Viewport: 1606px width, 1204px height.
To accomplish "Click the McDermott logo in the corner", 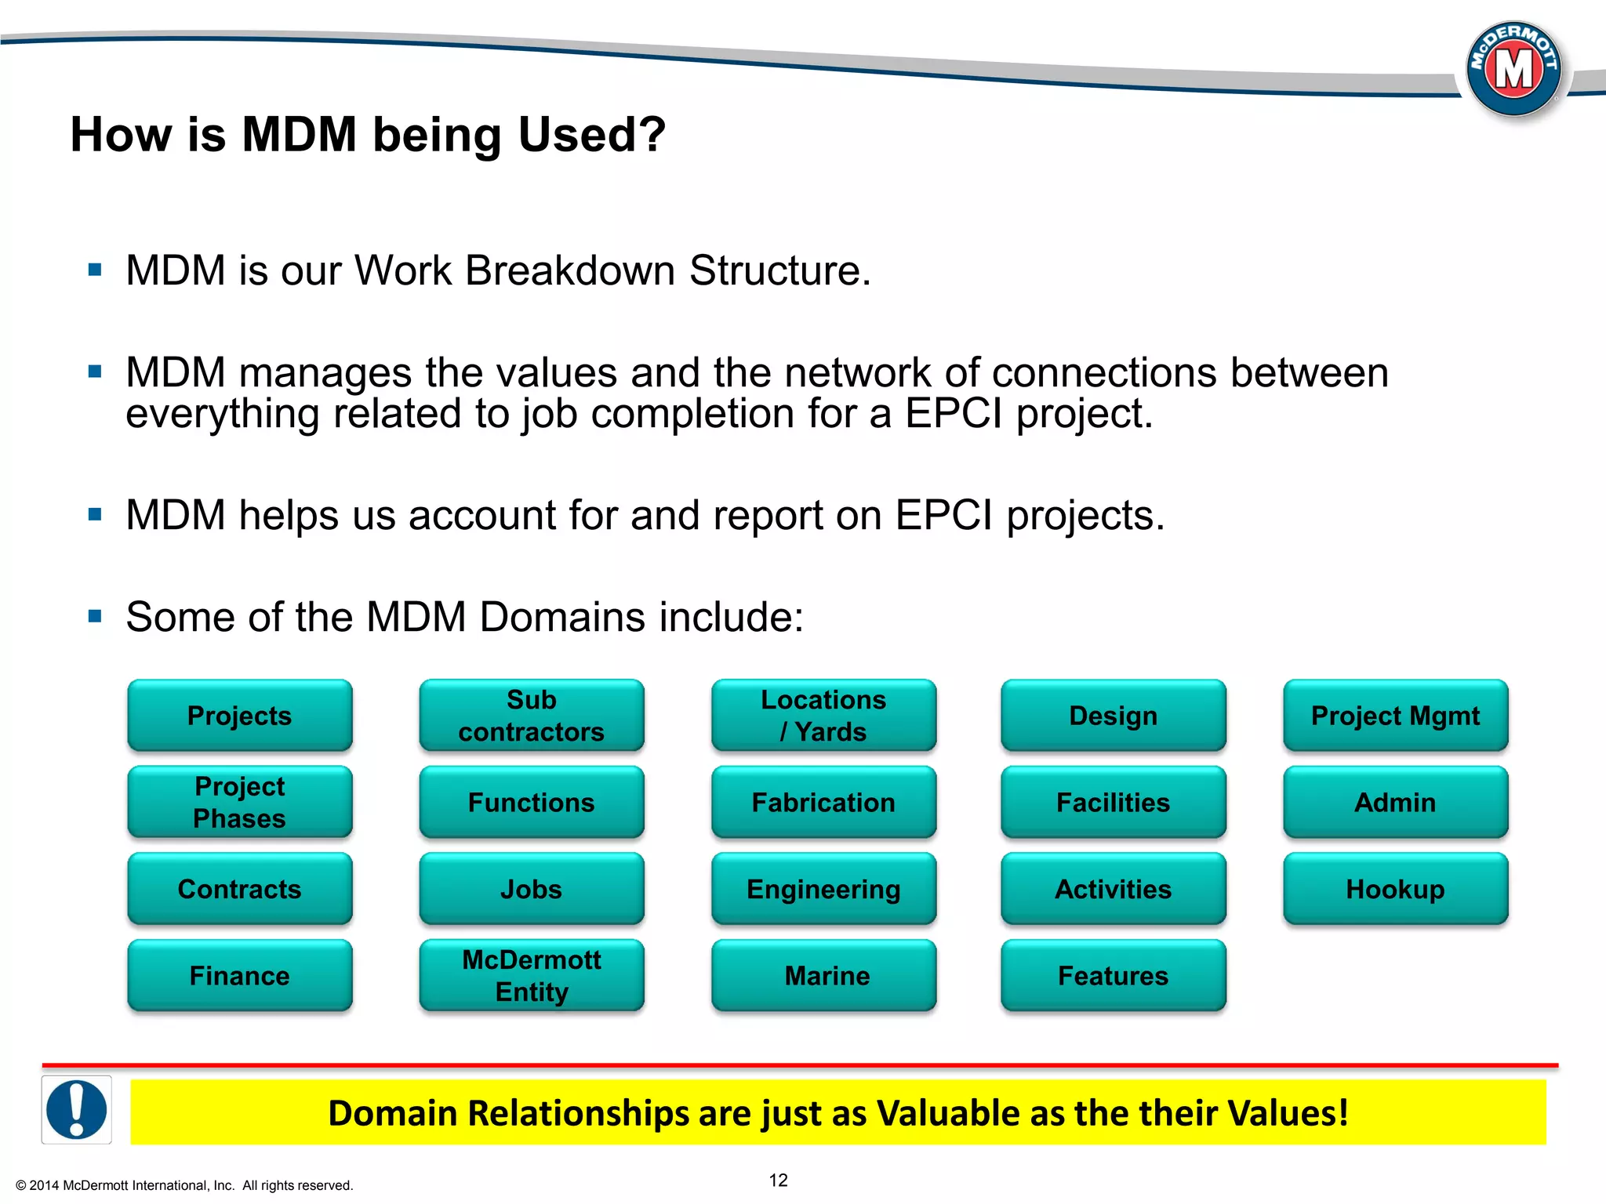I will [x=1513, y=69].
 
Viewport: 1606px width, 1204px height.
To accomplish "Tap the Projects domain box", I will [x=239, y=715].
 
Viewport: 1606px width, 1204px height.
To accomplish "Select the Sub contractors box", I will [x=531, y=715].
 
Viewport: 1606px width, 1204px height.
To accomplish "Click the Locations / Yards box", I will [x=823, y=715].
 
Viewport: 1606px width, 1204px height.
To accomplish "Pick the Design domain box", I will [x=1113, y=715].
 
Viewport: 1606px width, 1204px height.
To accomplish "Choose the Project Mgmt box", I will [x=1395, y=715].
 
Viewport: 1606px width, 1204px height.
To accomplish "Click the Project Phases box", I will [x=239, y=802].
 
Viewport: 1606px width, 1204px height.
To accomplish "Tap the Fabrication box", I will [x=823, y=802].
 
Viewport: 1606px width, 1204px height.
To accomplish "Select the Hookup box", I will [x=1395, y=889].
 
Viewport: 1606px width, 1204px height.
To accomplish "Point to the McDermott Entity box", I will [x=531, y=975].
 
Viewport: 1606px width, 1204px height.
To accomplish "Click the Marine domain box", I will [x=823, y=975].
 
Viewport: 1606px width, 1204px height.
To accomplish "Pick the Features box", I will [x=1113, y=975].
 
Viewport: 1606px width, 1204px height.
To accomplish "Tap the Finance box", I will [x=239, y=975].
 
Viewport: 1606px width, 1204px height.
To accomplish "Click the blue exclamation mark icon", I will [x=77, y=1109].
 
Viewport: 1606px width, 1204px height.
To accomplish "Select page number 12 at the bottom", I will [x=778, y=1180].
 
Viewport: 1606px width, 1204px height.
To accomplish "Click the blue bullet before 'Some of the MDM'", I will [x=96, y=617].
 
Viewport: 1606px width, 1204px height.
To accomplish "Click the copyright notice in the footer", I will [x=184, y=1185].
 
